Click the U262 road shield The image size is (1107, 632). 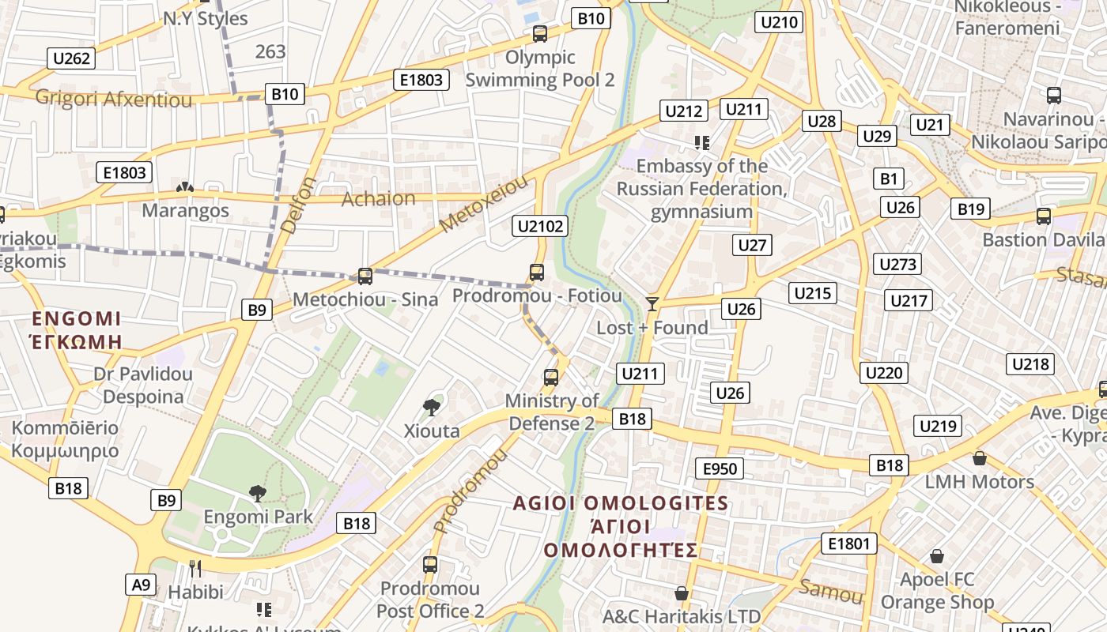(x=72, y=58)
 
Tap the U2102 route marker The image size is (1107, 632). (x=541, y=227)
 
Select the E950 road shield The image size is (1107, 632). (x=720, y=468)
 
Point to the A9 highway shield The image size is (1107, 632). (x=140, y=585)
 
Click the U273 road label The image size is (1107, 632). (x=898, y=264)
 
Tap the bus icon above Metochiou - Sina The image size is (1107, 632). (x=365, y=276)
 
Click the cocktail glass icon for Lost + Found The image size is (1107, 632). (x=652, y=304)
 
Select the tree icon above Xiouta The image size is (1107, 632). (x=431, y=408)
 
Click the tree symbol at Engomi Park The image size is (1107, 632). (x=257, y=494)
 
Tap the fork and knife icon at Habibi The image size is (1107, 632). (x=195, y=568)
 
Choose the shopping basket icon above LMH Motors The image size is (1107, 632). (x=980, y=458)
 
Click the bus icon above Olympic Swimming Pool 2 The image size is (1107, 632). (x=540, y=34)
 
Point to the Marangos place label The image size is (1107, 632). (x=186, y=211)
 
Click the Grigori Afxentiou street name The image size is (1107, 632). (x=114, y=100)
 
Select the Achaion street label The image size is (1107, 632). (x=378, y=199)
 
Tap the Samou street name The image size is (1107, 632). (x=831, y=591)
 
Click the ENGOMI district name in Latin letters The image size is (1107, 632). (x=77, y=319)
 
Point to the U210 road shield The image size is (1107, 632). (x=779, y=22)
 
